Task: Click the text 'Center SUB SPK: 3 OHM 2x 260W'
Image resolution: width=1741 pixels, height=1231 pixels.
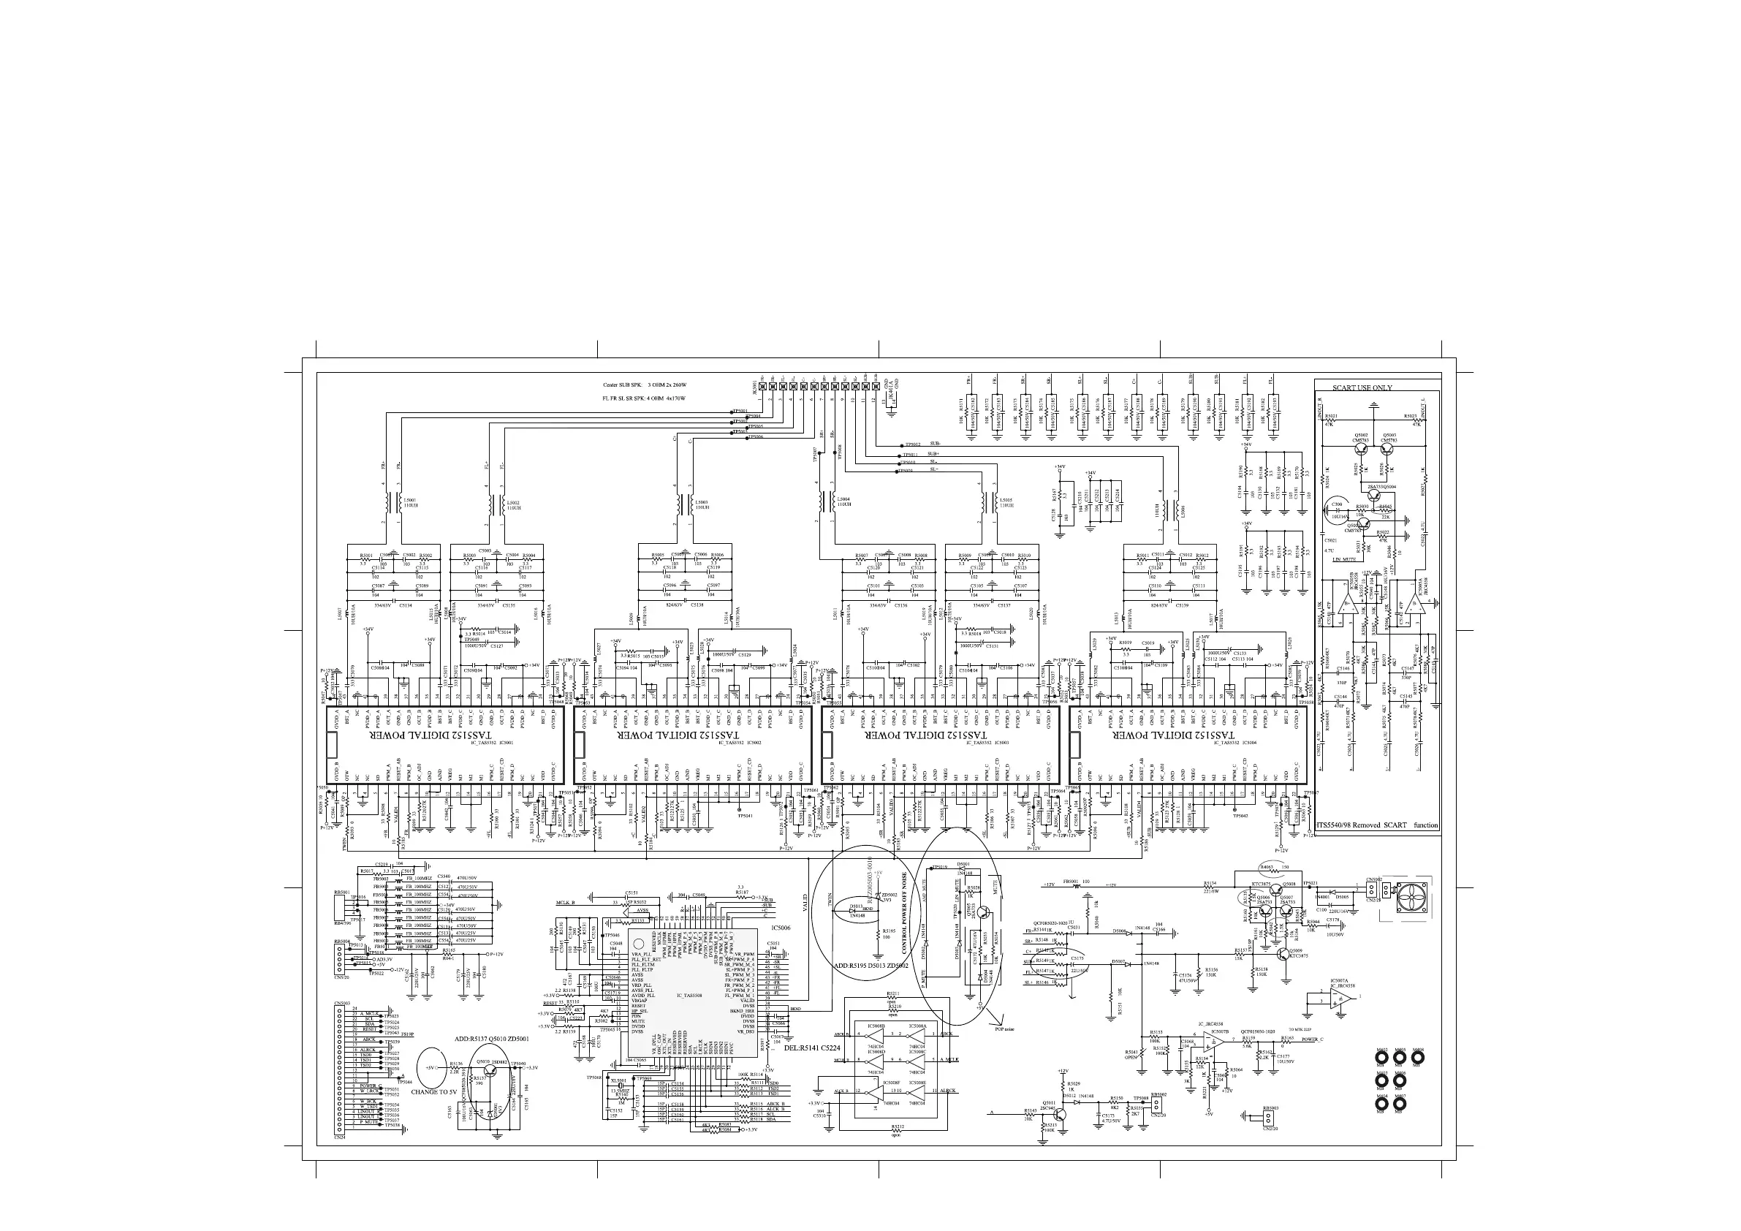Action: coord(644,385)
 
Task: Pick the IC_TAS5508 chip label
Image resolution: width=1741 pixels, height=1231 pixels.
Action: coord(677,993)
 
